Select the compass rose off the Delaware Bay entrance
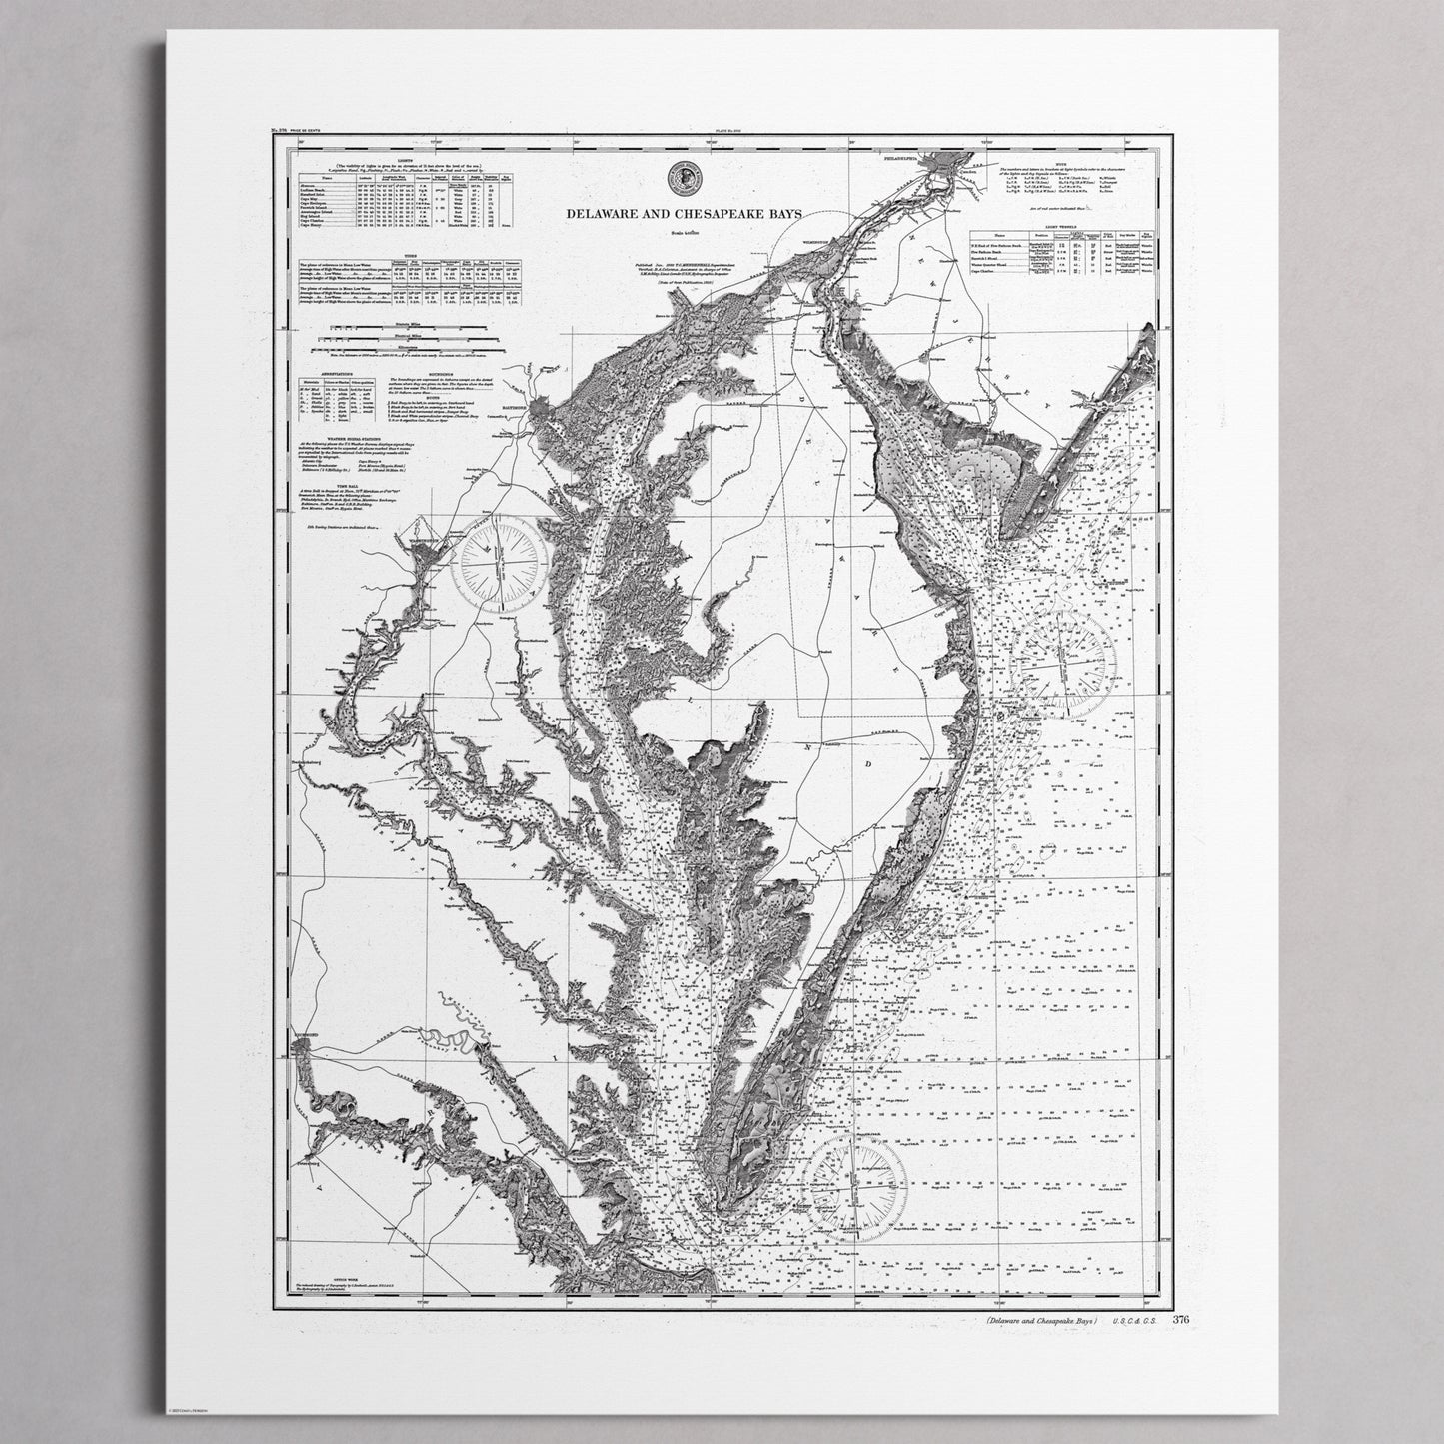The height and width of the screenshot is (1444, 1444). click(1065, 660)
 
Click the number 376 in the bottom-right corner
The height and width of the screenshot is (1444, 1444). click(1181, 1319)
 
